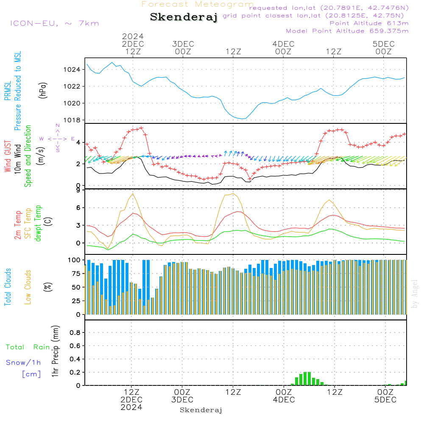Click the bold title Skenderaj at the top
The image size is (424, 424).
(184, 17)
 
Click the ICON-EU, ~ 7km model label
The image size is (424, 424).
(54, 23)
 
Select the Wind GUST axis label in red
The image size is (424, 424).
(8, 156)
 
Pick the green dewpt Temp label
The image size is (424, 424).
(39, 223)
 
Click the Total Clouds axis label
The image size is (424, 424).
(8, 287)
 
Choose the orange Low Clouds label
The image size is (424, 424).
(28, 287)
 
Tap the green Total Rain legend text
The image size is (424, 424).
(28, 347)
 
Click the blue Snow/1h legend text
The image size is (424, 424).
(24, 363)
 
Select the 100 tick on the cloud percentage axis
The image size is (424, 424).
(75, 260)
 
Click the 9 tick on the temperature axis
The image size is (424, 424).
(78, 190)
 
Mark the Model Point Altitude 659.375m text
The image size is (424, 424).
(347, 31)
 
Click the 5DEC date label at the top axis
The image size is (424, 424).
(384, 44)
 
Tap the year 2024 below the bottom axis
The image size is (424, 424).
(131, 407)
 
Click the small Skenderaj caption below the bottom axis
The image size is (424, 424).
(201, 410)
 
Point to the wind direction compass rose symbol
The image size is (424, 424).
(57, 139)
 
